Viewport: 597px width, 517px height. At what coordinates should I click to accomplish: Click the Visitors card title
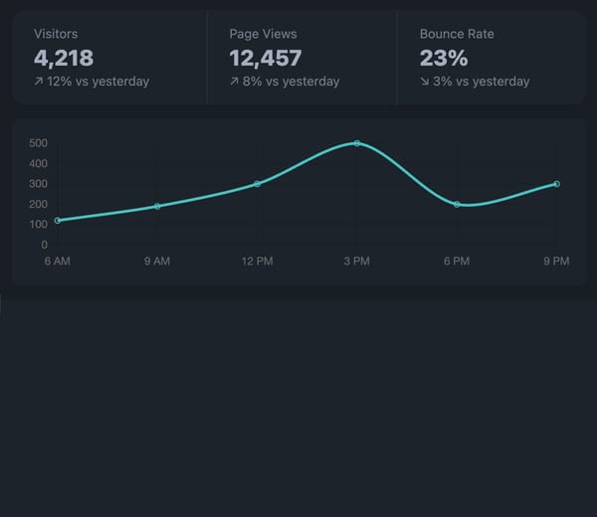(x=56, y=34)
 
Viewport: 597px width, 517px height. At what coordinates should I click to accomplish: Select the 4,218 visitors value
(x=64, y=58)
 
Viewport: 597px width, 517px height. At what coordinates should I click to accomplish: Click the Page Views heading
(x=263, y=34)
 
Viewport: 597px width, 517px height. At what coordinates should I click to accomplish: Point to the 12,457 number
(x=266, y=58)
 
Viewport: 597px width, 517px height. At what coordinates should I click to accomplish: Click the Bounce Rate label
(x=457, y=34)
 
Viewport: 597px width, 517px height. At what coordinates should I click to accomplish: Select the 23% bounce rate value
(x=444, y=58)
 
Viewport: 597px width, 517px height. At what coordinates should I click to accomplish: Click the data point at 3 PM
(x=357, y=143)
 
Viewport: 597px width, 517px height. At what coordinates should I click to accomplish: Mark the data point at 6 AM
(x=58, y=221)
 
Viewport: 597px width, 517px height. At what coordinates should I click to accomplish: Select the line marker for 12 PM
(x=257, y=184)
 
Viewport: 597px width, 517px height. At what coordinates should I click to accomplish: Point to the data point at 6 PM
(x=457, y=204)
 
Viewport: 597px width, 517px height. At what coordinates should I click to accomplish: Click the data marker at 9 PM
(x=556, y=184)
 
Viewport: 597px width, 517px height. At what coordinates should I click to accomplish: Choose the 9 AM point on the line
(x=157, y=206)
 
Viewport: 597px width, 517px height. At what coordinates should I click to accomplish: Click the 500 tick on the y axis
(x=38, y=143)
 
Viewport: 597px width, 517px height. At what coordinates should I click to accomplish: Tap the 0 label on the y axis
(x=44, y=245)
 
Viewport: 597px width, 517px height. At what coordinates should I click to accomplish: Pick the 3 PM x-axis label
(x=357, y=261)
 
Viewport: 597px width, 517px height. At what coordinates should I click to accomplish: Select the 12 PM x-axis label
(x=257, y=261)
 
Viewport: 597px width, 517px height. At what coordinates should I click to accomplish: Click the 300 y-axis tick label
(x=38, y=184)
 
